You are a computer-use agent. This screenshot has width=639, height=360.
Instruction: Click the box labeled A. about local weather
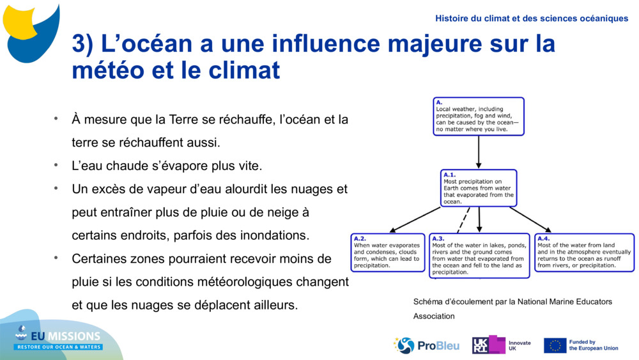479,116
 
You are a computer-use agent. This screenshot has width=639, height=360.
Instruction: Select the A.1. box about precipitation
479,188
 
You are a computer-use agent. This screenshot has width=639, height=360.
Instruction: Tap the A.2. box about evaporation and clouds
388,253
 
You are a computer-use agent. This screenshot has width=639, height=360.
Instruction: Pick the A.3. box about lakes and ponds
479,255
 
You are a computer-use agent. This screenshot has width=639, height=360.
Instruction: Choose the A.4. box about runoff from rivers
584,253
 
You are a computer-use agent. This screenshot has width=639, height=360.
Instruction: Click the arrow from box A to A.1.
479,152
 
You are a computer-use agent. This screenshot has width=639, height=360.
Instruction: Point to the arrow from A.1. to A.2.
415,219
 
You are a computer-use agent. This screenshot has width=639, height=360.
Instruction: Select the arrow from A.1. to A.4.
530,219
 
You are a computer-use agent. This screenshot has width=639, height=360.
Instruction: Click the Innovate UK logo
501,345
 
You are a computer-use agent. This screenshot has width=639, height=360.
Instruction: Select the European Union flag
555,345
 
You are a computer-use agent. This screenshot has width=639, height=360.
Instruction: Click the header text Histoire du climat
532,19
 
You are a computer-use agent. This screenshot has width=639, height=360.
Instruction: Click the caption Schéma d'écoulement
512,302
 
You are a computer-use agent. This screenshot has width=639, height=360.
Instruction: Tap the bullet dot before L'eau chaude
56,165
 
